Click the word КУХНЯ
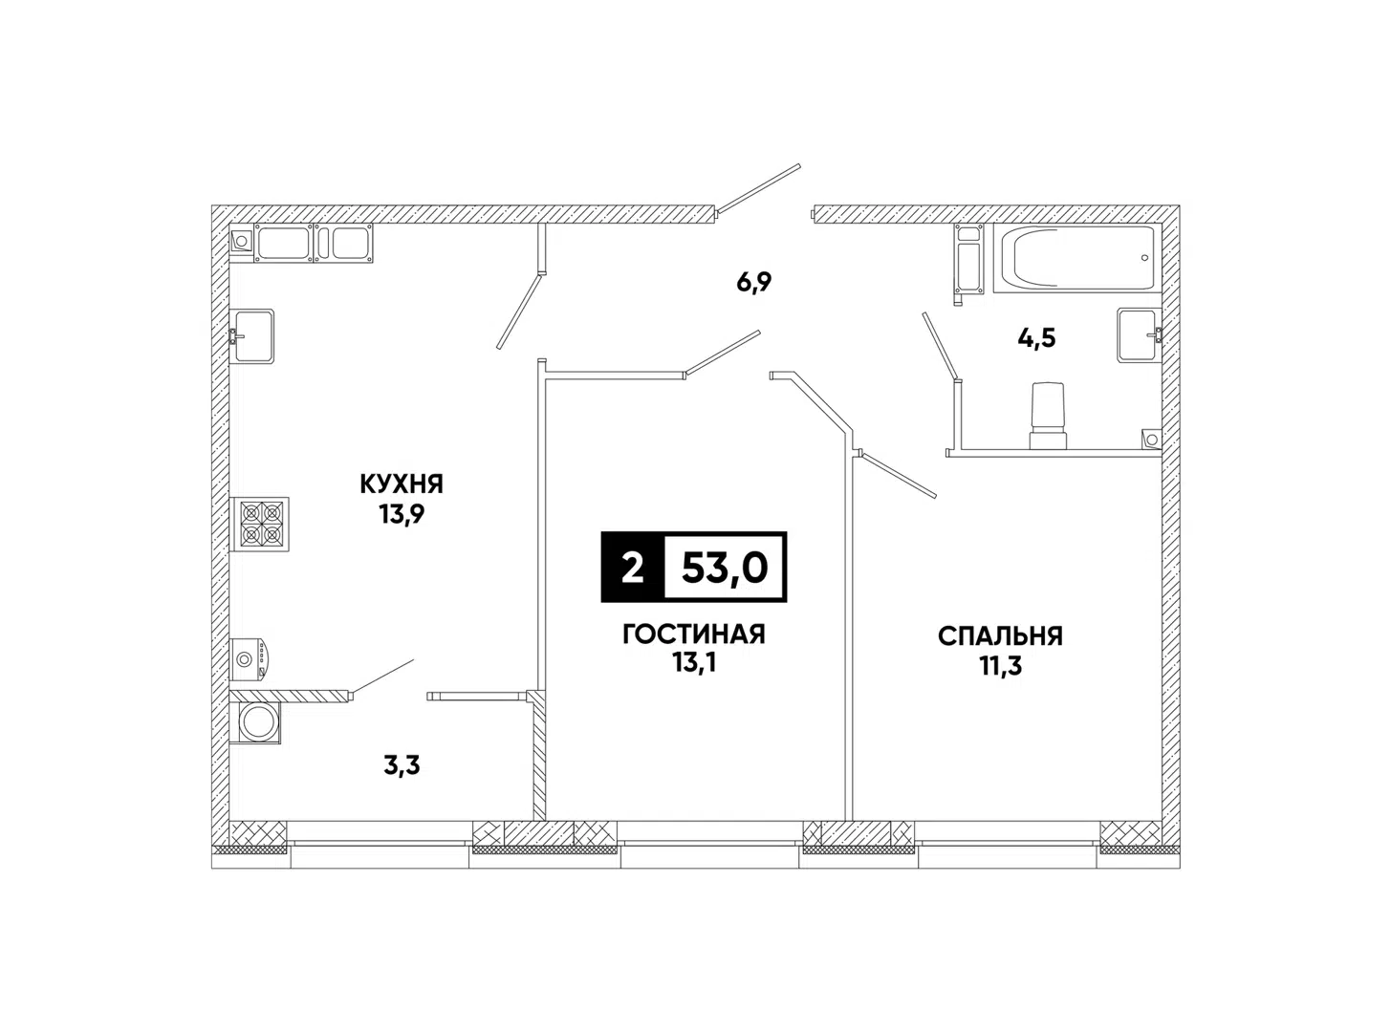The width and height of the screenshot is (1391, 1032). click(402, 484)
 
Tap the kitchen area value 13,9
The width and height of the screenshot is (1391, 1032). click(402, 515)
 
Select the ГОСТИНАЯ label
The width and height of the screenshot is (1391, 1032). click(694, 634)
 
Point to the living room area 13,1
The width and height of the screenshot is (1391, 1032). click(694, 663)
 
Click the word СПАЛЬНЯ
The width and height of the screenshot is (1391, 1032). click(1000, 636)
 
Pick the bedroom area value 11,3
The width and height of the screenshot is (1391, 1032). click(1000, 666)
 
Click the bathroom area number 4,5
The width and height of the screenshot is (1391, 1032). click(1036, 338)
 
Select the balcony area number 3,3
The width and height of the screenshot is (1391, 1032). click(402, 765)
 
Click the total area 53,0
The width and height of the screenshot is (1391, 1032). click(725, 568)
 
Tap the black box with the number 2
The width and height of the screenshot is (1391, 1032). click(632, 568)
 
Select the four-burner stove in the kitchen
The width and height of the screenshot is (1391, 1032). click(260, 525)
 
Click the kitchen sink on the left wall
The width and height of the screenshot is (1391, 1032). click(252, 336)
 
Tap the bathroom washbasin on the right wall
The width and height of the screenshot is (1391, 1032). click(1139, 334)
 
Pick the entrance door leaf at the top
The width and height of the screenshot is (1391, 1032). click(759, 188)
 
